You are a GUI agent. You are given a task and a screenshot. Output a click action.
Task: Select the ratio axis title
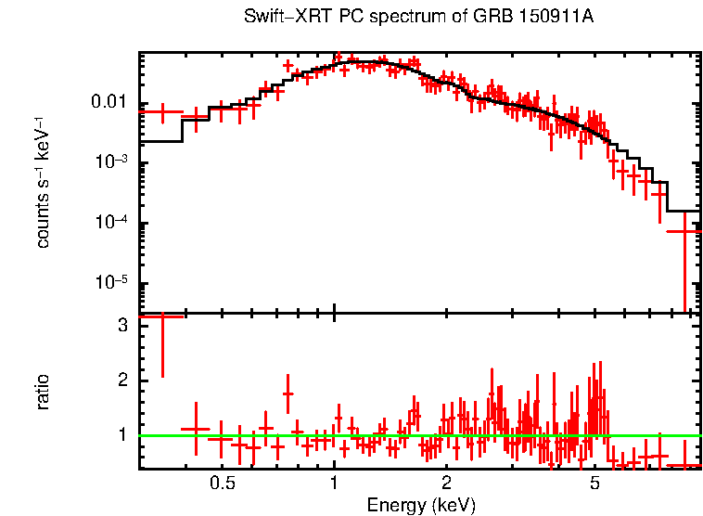tap(44, 392)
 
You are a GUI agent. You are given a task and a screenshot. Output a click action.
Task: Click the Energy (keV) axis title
tap(421, 505)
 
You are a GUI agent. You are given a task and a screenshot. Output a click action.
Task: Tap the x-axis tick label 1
tap(334, 484)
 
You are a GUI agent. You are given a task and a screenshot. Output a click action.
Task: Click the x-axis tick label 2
tap(446, 484)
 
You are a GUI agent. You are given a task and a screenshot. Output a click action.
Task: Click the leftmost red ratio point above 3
tap(162, 316)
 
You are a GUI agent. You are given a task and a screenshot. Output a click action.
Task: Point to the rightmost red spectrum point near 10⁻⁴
tap(685, 230)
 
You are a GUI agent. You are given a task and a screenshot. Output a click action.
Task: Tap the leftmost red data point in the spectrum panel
tap(162, 112)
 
